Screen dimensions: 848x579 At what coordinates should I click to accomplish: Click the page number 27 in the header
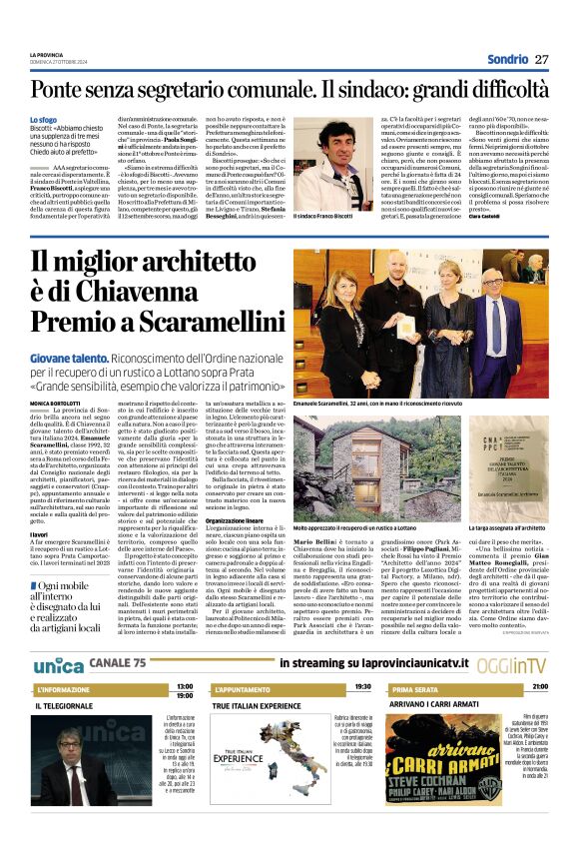[x=542, y=59]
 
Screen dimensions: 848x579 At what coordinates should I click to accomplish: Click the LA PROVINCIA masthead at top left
[x=47, y=55]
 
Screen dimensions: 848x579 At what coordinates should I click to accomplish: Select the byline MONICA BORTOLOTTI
[x=59, y=403]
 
